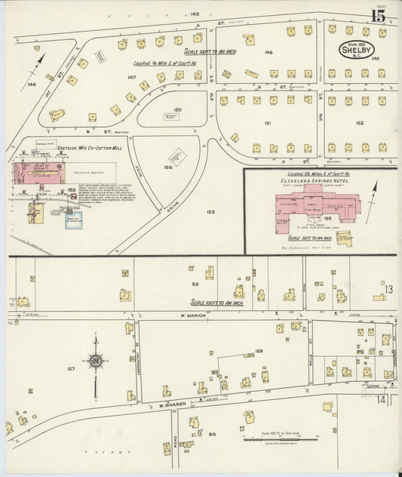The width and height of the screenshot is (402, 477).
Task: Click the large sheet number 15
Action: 379,15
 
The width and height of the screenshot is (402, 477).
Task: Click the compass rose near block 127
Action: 95,362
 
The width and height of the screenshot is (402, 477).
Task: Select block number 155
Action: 210,212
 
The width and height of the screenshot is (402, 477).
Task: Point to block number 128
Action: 259,351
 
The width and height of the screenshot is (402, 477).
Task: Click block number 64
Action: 212,434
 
